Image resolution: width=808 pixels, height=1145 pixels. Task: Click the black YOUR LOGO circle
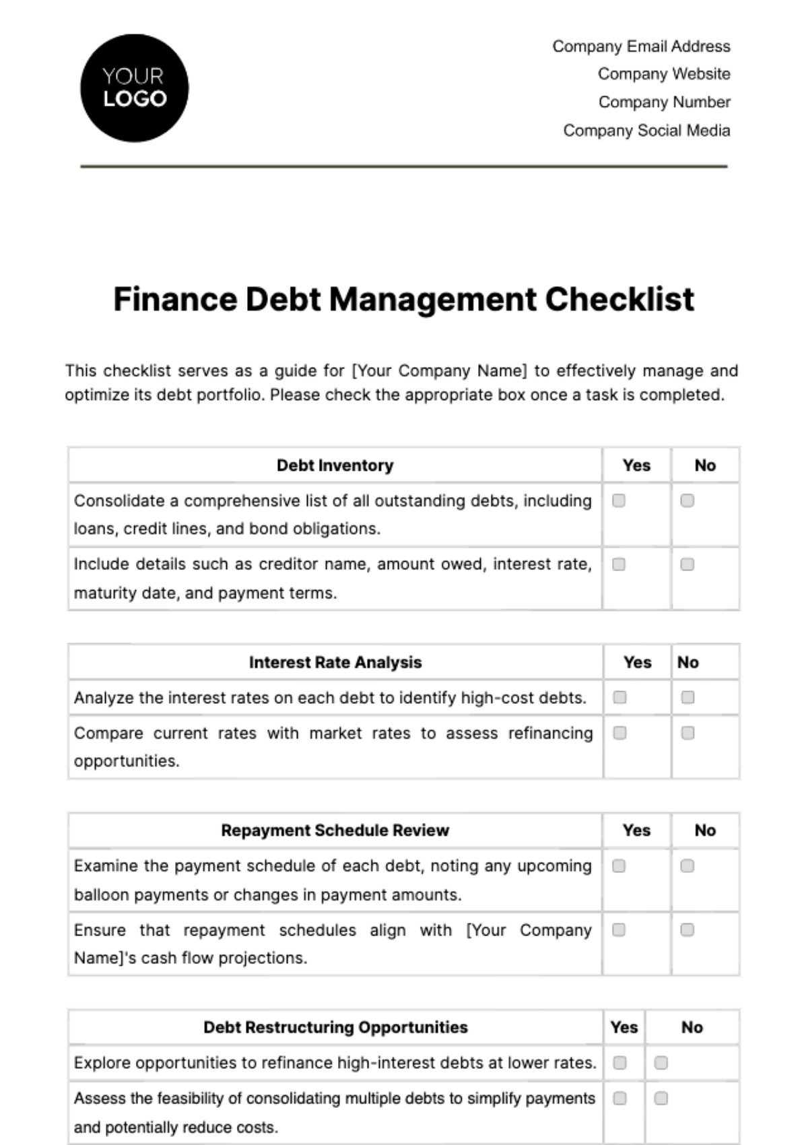point(134,88)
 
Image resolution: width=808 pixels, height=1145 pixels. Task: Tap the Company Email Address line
point(641,46)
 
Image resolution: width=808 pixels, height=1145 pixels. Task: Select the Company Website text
point(664,74)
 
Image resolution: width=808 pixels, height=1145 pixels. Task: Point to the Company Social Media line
point(646,131)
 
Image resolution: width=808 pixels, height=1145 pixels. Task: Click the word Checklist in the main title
point(619,300)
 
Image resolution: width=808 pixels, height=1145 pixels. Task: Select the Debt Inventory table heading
point(335,465)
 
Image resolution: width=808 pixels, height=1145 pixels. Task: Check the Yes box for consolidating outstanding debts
point(619,500)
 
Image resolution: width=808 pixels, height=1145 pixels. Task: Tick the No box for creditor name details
point(687,564)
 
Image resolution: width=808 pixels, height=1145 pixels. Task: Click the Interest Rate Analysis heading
point(335,663)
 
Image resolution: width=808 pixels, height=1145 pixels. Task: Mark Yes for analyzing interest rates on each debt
point(619,698)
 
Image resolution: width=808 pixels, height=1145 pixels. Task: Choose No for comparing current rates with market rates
point(687,733)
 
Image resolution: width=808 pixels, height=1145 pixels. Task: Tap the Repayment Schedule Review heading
point(335,830)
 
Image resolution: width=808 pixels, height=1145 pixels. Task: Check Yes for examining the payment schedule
point(619,866)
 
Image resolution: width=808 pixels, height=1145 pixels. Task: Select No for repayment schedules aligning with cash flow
point(687,930)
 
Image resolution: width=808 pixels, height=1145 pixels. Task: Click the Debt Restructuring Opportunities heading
point(335,1028)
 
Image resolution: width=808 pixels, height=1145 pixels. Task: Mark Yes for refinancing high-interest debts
point(619,1063)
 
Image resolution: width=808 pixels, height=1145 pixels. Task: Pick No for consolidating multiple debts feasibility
point(661,1099)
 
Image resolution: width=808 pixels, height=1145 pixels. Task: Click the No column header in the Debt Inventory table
point(705,465)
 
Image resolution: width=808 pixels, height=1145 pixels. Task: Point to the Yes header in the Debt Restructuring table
point(624,1028)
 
